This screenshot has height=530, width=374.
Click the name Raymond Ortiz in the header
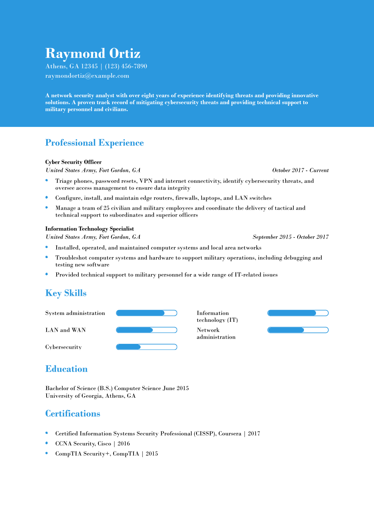point(93,53)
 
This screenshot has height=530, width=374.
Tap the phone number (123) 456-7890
point(126,66)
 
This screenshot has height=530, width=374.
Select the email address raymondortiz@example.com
point(87,76)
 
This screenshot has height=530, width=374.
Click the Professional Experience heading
point(94,143)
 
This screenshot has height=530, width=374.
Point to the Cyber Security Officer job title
point(73,162)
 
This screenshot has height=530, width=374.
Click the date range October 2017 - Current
point(300,170)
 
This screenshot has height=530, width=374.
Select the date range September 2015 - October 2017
point(290,237)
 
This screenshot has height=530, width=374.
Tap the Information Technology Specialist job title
point(89,229)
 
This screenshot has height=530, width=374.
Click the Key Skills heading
point(66,293)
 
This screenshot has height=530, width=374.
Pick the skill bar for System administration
point(146,313)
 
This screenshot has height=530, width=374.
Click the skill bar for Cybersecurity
point(146,347)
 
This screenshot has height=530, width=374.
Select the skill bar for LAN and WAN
point(146,330)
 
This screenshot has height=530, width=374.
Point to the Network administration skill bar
point(298,330)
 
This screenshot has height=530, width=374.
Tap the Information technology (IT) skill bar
point(298,313)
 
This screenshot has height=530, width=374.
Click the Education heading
point(66,369)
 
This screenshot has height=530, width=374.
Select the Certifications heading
point(72,414)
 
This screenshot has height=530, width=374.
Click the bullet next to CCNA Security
point(47,443)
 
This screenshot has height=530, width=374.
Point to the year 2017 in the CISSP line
point(254,434)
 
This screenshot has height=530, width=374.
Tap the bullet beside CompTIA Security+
point(47,453)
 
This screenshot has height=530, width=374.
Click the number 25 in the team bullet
point(107,208)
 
